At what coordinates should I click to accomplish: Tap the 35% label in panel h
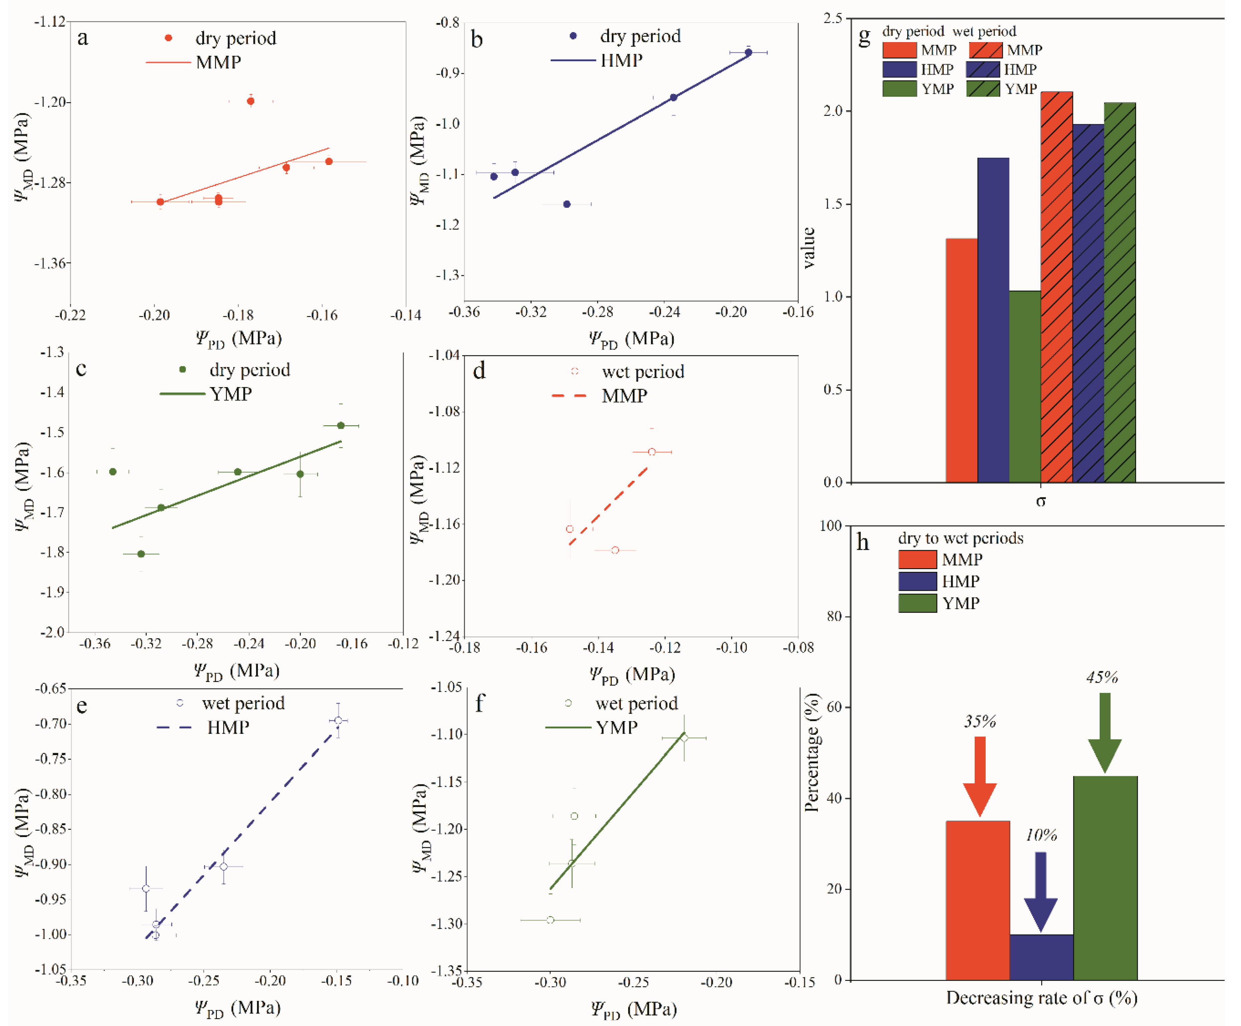pyautogui.click(x=980, y=721)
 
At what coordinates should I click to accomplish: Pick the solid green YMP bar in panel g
pyautogui.click(x=1025, y=386)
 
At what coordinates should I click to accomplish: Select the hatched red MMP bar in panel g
pyautogui.click(x=1057, y=287)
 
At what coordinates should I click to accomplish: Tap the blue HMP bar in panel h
pyautogui.click(x=1041, y=957)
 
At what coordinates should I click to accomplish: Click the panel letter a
pyautogui.click(x=83, y=38)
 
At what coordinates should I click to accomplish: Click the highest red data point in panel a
pyautogui.click(x=251, y=101)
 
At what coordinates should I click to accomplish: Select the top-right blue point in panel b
pyautogui.click(x=748, y=52)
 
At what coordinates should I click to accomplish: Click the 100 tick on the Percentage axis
pyautogui.click(x=831, y=526)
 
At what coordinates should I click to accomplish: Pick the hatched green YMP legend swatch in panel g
pyautogui.click(x=983, y=89)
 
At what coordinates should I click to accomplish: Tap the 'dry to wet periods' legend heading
pyautogui.click(x=960, y=538)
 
